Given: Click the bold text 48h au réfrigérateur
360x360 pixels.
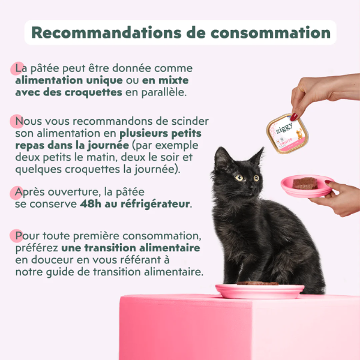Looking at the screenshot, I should click(135, 204).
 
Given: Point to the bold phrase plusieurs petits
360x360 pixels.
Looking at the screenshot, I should click(160, 133).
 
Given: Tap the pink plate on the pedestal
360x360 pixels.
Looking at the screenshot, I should click(259, 290).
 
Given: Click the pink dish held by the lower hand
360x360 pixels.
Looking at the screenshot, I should click(307, 185).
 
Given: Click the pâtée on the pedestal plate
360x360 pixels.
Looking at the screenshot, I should click(257, 283).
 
